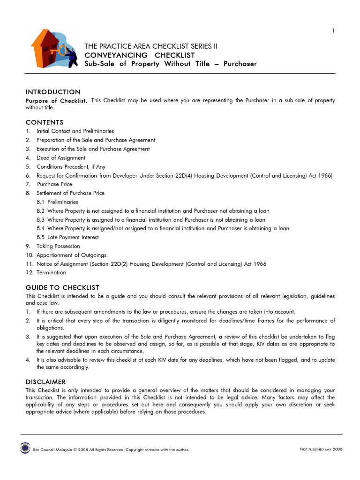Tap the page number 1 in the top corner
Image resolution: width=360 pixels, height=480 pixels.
click(333, 31)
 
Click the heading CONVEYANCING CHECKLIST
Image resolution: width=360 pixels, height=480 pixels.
click(140, 55)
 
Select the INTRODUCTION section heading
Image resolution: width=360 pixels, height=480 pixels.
click(53, 92)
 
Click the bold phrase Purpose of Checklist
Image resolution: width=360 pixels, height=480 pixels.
click(56, 101)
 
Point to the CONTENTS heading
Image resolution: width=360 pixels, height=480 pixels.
click(45, 122)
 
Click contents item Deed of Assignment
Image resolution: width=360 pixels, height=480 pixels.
click(61, 158)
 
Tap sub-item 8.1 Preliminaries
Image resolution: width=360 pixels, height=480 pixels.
click(64, 202)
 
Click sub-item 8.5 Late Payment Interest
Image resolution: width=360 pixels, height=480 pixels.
click(74, 237)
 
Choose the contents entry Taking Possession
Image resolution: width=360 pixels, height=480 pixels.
click(58, 246)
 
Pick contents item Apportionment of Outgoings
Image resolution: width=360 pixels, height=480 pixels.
click(71, 255)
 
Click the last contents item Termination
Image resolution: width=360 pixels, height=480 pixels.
click(51, 272)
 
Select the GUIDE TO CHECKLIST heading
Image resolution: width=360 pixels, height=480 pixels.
click(62, 287)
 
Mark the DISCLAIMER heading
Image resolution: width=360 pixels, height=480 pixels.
click(46, 382)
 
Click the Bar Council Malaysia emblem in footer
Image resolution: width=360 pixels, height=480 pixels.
click(25, 449)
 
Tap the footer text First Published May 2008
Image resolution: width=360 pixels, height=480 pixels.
click(321, 450)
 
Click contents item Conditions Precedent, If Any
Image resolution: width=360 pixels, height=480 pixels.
click(71, 166)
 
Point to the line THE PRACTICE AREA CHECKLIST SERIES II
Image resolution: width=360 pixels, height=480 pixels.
click(151, 46)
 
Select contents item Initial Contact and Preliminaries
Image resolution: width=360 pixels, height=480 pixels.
click(75, 131)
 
